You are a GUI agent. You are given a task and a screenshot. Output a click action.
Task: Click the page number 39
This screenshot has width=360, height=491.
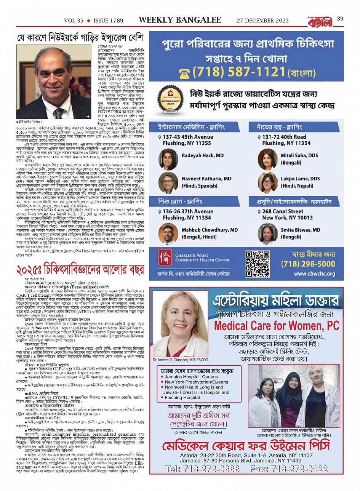pyautogui.click(x=340, y=19)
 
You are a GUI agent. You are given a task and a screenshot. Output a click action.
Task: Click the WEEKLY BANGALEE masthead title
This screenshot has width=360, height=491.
pyautogui.click(x=180, y=20)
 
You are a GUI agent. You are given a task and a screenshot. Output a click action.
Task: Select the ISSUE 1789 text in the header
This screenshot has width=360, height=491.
pyautogui.click(x=109, y=21)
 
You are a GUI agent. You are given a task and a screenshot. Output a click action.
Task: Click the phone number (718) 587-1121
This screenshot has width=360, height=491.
pyautogui.click(x=239, y=72)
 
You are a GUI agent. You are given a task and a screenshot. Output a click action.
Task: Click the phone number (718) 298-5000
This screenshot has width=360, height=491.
pyautogui.click(x=313, y=264)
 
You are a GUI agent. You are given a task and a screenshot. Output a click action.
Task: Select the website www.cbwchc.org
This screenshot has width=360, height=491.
pyautogui.click(x=314, y=273)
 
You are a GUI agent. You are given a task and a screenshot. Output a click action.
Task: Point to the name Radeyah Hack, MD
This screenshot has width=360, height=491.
pyautogui.click(x=202, y=155)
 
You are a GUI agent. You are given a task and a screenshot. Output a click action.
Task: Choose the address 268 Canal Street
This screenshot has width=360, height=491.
pyautogui.click(x=283, y=211)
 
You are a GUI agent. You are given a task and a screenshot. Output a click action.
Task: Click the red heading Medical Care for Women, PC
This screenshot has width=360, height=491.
pyautogui.click(x=276, y=326)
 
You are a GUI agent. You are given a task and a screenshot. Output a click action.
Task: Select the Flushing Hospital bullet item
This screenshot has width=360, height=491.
pyautogui.click(x=182, y=397)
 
